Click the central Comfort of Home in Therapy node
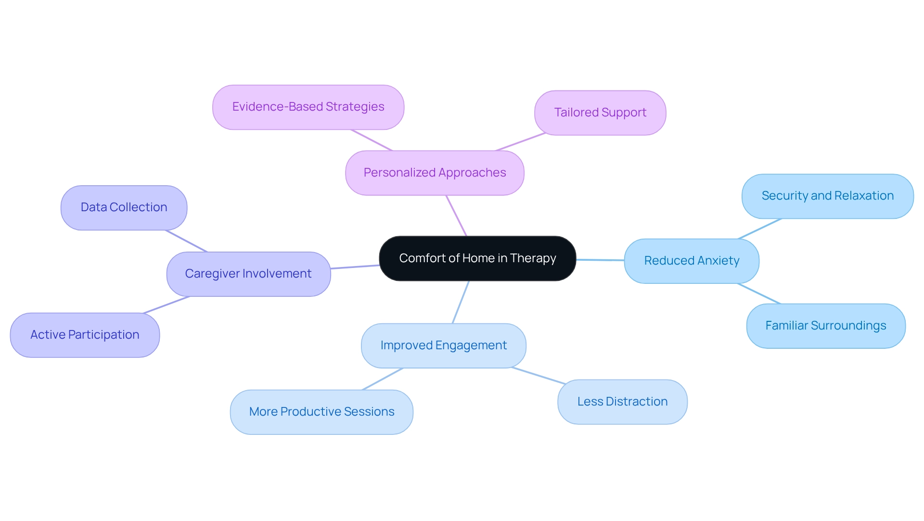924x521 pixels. click(477, 258)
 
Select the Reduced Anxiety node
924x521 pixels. click(691, 261)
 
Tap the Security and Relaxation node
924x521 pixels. click(827, 196)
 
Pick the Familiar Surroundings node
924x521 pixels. click(825, 326)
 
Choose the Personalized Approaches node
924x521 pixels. click(435, 173)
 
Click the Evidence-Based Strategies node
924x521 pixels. click(308, 107)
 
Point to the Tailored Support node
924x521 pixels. click(600, 113)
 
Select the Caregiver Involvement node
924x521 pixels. click(248, 274)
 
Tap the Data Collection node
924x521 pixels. click(124, 207)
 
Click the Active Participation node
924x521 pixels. click(85, 335)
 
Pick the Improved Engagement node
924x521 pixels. click(443, 345)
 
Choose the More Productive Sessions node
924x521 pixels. click(321, 412)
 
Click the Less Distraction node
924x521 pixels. click(622, 402)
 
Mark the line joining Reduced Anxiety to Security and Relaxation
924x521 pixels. click(760, 229)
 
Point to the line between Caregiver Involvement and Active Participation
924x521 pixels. click(167, 305)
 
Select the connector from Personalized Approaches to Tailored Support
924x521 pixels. click(520, 142)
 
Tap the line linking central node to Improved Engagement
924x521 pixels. click(461, 302)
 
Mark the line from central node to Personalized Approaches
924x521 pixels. click(456, 216)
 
